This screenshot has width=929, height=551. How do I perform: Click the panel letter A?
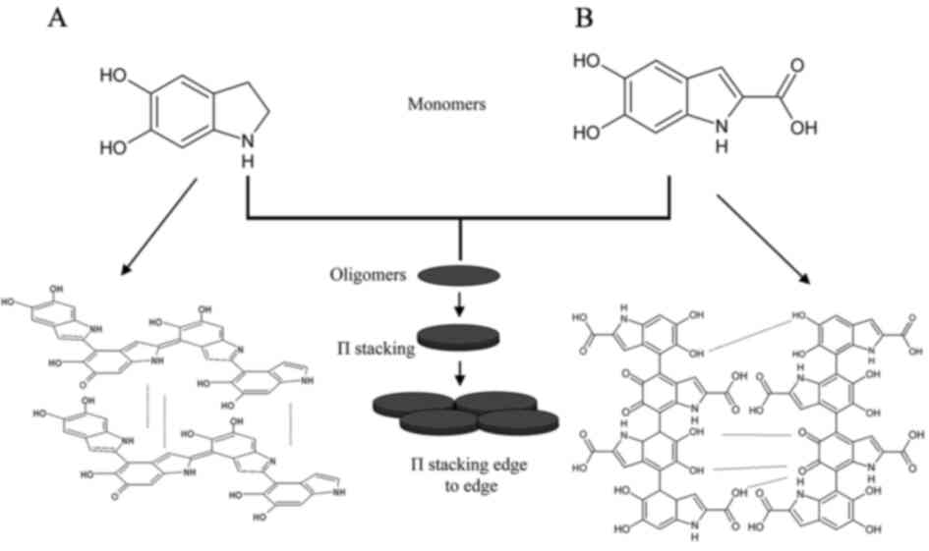(57, 18)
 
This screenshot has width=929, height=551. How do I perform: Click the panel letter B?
(584, 18)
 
